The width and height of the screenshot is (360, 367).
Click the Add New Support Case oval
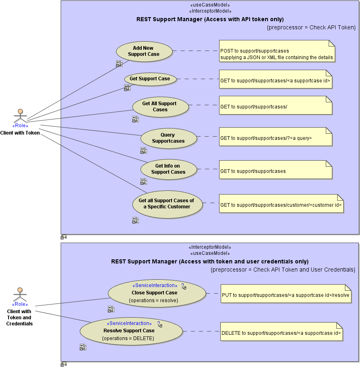pos(143,51)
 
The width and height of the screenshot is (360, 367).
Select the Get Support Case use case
pos(150,79)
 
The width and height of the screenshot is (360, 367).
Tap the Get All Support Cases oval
pos(160,107)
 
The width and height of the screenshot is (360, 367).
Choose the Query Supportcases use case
pos(168,138)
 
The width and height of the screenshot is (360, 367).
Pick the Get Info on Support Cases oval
pos(168,169)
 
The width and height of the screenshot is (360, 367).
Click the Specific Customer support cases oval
pos(167,204)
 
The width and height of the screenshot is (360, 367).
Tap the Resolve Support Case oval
pos(131,331)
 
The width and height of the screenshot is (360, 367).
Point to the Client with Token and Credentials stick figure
pos(20,294)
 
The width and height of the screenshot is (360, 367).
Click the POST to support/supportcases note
pos(277,51)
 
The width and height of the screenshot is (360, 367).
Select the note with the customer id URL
pos(281,204)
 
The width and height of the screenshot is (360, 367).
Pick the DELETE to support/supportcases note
pos(281,332)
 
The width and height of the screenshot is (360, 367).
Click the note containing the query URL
pos(276,137)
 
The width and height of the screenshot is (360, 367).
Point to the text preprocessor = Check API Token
pos(311,27)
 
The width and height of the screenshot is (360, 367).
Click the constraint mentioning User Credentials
pos(283,270)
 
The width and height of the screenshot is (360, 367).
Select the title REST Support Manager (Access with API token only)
pos(210,19)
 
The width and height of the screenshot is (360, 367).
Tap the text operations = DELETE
pos(128,338)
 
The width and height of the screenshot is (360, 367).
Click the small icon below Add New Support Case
pos(119,64)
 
